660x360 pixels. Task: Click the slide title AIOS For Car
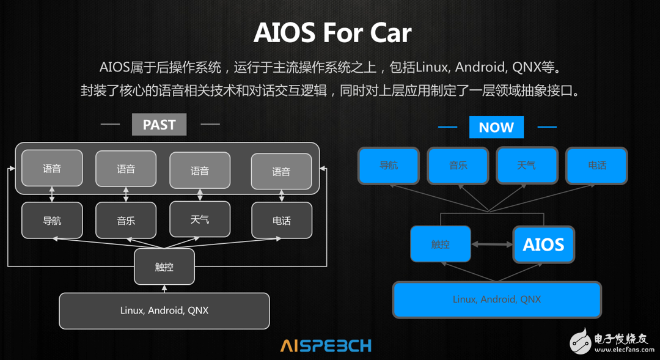(x=332, y=33)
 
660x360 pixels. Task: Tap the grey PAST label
(x=159, y=124)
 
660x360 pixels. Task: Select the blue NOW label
(x=497, y=127)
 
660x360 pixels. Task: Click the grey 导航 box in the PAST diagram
(x=52, y=220)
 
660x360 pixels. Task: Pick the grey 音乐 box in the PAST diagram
(x=126, y=220)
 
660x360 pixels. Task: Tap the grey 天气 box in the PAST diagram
(x=200, y=219)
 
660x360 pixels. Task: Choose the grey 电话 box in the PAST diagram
(x=282, y=220)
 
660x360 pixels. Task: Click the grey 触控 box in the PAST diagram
(x=164, y=266)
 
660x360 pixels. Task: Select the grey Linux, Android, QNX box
(x=164, y=310)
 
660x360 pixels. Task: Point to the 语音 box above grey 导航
(x=52, y=168)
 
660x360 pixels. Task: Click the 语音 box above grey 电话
(x=281, y=171)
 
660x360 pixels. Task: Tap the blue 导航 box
(x=389, y=166)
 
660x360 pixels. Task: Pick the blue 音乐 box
(x=458, y=166)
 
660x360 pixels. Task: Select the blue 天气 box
(x=527, y=165)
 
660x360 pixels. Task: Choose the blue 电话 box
(x=597, y=166)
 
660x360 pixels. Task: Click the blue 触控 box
(x=441, y=244)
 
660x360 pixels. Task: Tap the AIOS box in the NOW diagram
(x=543, y=244)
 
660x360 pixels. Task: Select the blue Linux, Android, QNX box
(x=497, y=299)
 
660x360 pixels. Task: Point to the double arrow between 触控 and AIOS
(x=492, y=244)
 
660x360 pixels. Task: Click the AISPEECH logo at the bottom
(x=326, y=346)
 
